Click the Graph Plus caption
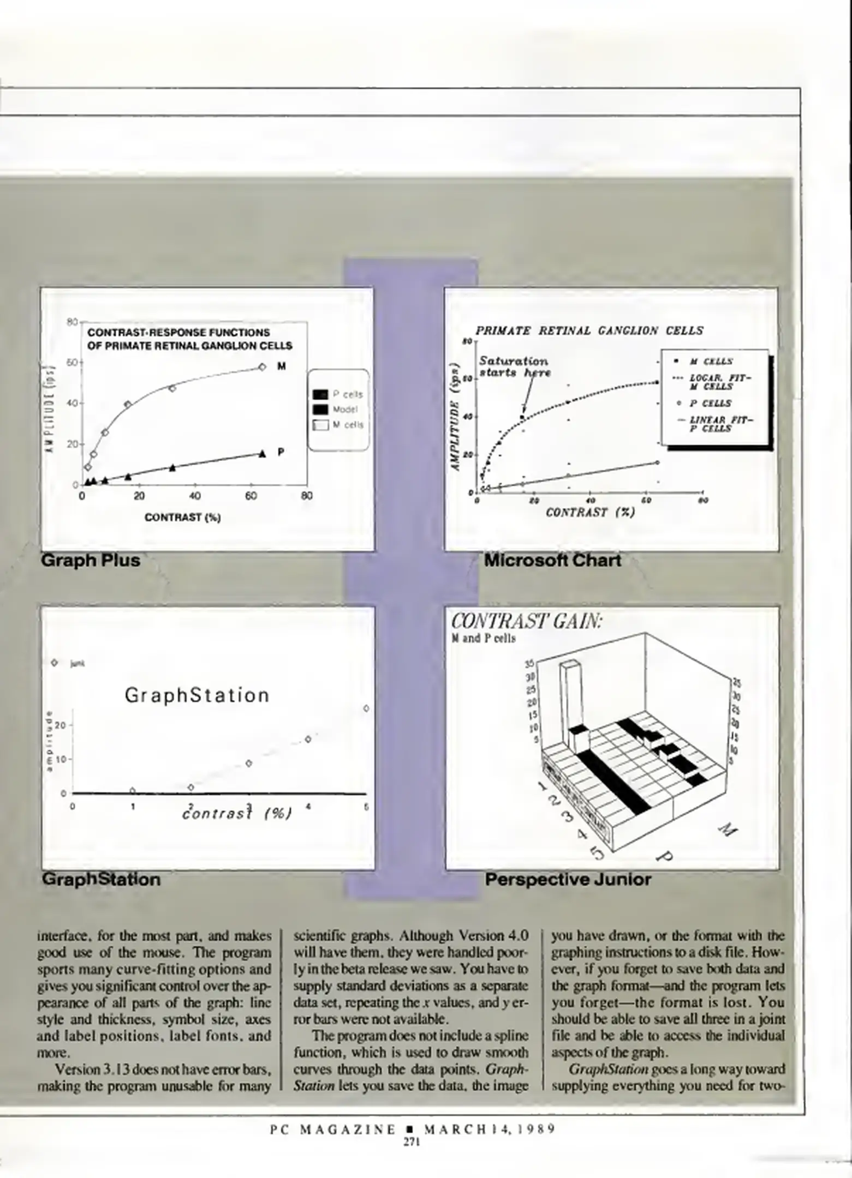click(91, 560)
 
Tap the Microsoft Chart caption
click(552, 560)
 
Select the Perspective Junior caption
click(568, 879)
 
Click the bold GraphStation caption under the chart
click(101, 879)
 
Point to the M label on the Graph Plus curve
click(282, 366)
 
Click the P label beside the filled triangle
click(281, 452)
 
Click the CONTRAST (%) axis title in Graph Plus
click(182, 518)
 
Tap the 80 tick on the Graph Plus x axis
click(307, 496)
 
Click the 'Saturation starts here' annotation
click(514, 367)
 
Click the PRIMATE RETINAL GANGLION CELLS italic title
click(589, 330)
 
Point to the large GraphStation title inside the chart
click(197, 695)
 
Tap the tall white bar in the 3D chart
click(569, 704)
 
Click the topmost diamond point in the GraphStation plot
click(366, 708)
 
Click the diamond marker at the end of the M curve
click(262, 367)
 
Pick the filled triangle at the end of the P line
click(262, 453)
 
